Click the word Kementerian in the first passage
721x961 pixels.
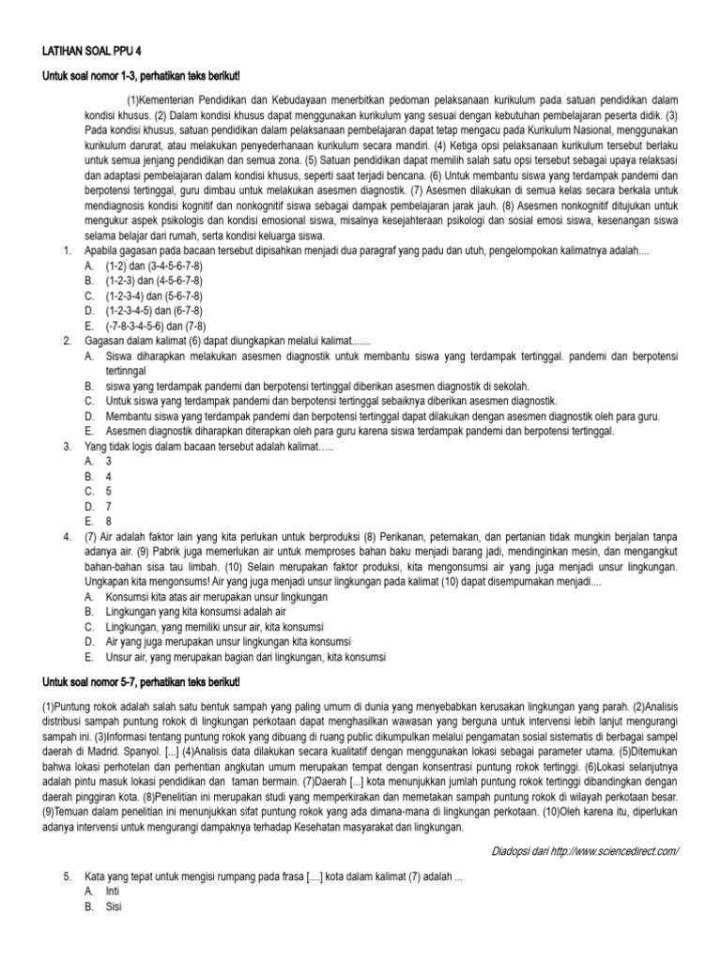point(175,99)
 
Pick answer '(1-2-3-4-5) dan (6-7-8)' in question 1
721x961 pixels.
point(152,311)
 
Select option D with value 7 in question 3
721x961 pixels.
point(108,506)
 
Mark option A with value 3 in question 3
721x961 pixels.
point(108,462)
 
